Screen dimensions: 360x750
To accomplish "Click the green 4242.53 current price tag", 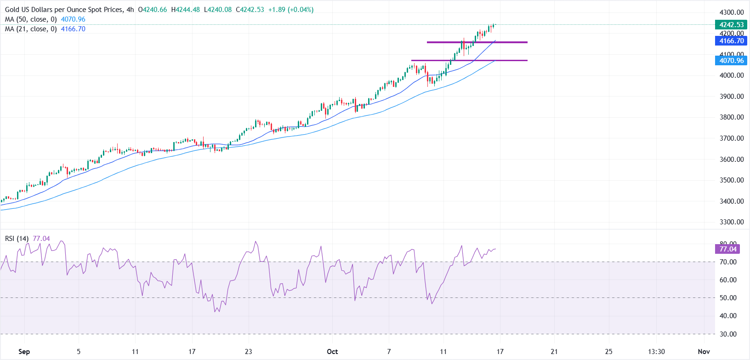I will click(x=732, y=25).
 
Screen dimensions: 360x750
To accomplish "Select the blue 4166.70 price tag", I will click(x=732, y=41).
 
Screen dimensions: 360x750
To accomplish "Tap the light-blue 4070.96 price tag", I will click(x=732, y=61).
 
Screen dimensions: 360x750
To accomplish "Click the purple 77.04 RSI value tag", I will click(x=728, y=249).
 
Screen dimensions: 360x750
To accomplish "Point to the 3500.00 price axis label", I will click(x=732, y=180).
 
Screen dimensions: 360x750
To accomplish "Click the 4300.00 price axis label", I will click(x=732, y=12).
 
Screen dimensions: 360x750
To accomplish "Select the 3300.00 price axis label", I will click(x=732, y=222).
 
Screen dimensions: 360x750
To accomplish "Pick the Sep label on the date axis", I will click(x=24, y=352).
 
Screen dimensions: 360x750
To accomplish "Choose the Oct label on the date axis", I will click(x=332, y=352).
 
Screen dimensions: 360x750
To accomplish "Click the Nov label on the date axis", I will click(x=704, y=352).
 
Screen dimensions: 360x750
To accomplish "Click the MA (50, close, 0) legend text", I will click(x=31, y=19).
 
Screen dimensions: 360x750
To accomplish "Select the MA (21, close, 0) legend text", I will click(x=31, y=29).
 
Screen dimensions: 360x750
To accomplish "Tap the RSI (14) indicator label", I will click(x=17, y=239).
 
